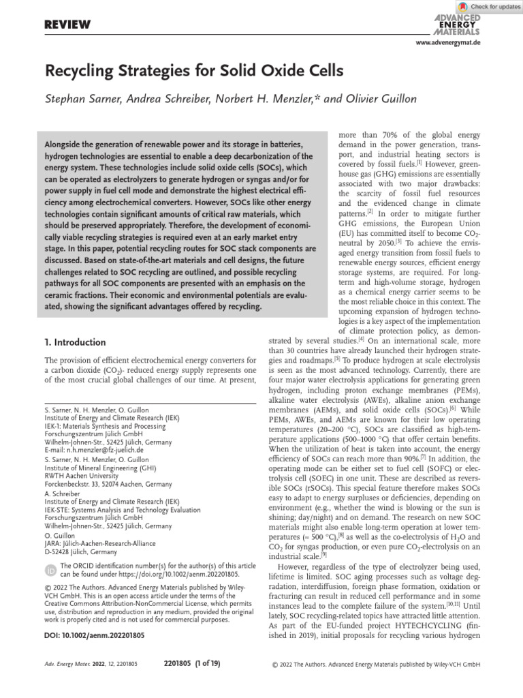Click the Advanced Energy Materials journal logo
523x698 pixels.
tap(456, 25)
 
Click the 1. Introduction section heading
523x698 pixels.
tap(75, 342)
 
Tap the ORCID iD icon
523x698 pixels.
tap(50, 570)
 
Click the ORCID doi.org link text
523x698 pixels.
tap(184, 575)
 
